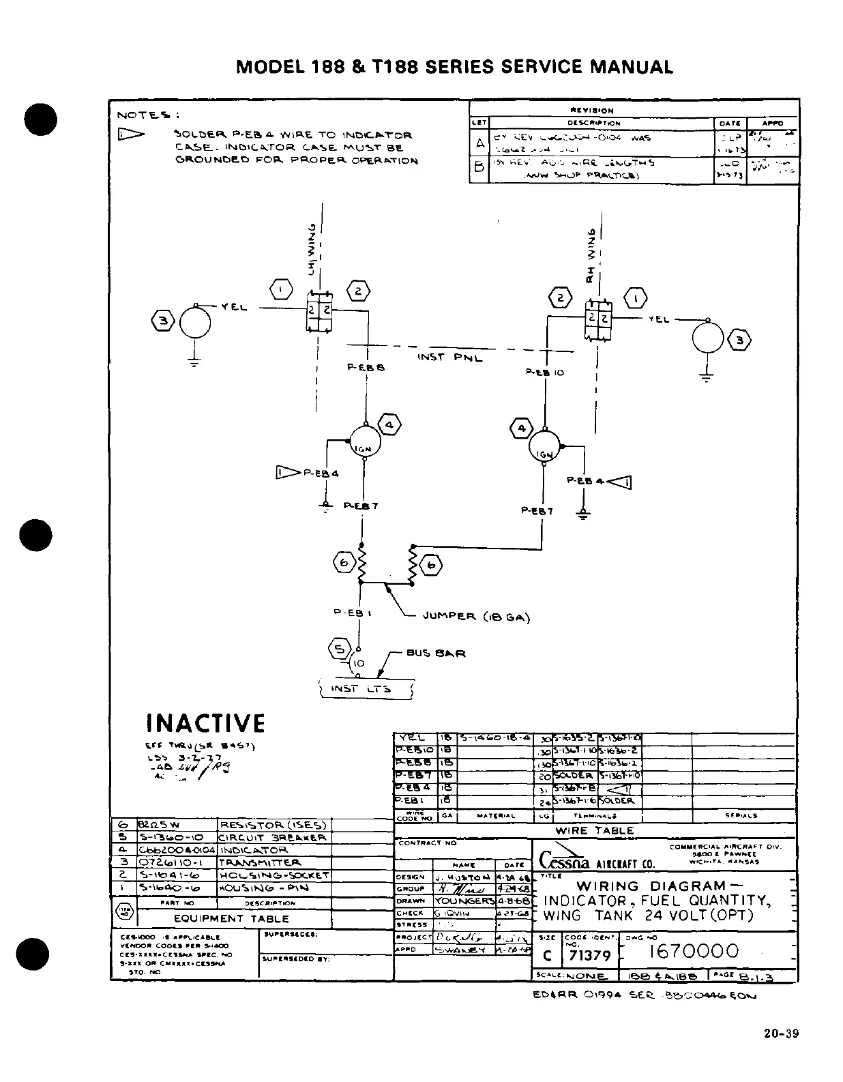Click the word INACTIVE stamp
pos(205,723)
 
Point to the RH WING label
pos(591,257)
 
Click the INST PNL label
pos(449,357)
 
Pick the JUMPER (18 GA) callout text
pos(476,617)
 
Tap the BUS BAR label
pos(436,653)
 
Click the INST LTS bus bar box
pos(366,689)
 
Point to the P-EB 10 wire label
pos(545,372)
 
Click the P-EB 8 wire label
pos(366,367)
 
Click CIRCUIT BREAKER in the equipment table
pos(272,837)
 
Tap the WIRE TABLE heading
pos(595,830)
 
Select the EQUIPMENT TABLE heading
pos(231,918)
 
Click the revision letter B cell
pos(479,167)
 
